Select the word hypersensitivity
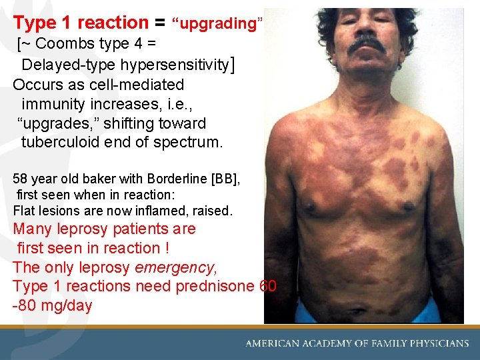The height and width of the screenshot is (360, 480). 175,65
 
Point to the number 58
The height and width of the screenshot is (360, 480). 20,179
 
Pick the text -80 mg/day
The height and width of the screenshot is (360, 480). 53,305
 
